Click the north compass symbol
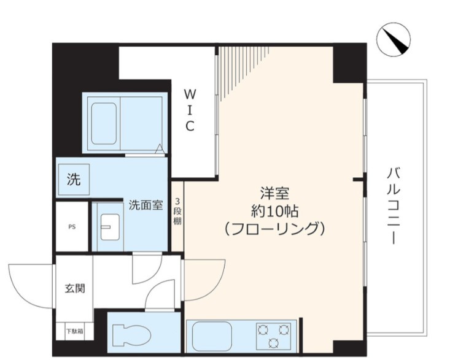click(393, 39)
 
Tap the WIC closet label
click(190, 110)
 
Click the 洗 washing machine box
click(73, 180)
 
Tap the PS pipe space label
click(72, 226)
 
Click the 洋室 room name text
click(274, 192)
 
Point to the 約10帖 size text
click(274, 210)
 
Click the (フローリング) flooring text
click(274, 229)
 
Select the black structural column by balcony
click(349, 63)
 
